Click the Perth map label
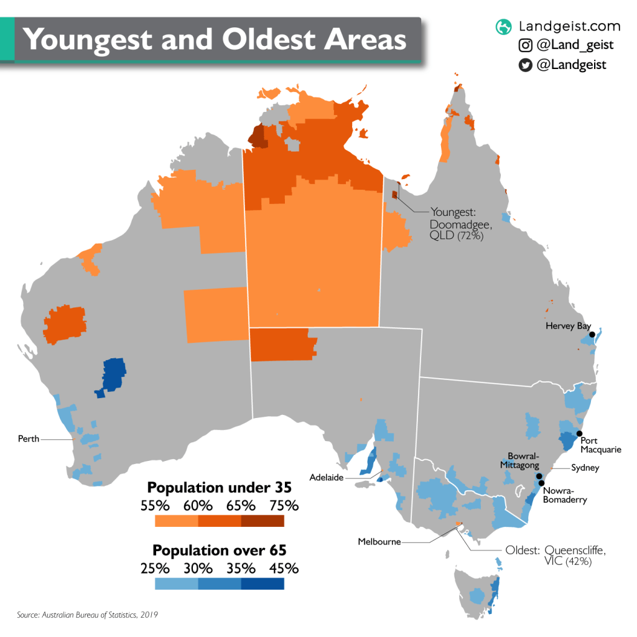(x=29, y=439)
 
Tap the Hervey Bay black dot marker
(x=592, y=335)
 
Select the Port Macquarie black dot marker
(x=579, y=433)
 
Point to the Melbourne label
(x=379, y=542)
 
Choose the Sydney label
(x=584, y=468)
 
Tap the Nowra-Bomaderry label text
(x=564, y=495)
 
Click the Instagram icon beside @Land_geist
(x=526, y=45)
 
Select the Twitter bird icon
(x=526, y=65)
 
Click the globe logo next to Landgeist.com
(x=503, y=27)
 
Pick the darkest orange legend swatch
(x=263, y=521)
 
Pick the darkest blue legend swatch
(x=263, y=584)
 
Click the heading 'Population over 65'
(x=220, y=551)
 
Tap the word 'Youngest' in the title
(x=86, y=40)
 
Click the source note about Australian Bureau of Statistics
(x=88, y=615)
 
